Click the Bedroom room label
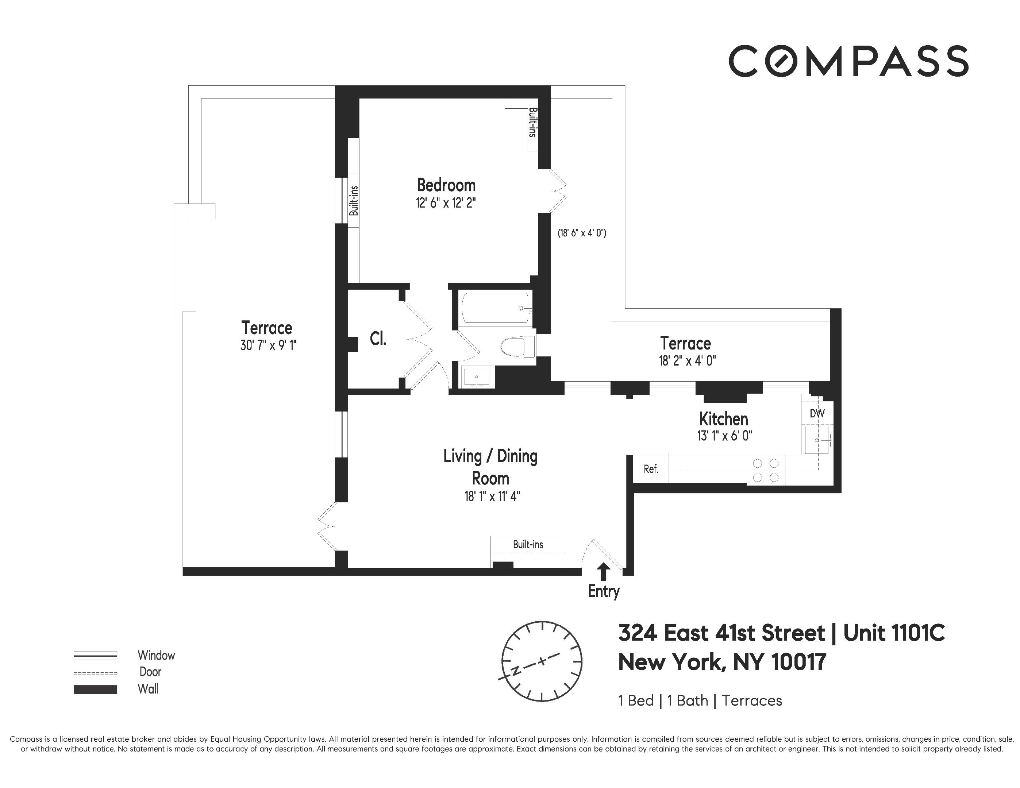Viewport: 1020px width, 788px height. pos(446,185)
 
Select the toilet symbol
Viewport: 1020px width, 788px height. pos(516,347)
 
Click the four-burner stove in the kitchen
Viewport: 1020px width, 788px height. pos(766,470)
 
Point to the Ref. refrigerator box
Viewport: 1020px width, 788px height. pos(651,469)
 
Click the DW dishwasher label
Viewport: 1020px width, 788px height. pos(817,413)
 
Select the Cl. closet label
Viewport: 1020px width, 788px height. pos(378,339)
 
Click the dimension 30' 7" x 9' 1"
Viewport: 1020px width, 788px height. pos(268,345)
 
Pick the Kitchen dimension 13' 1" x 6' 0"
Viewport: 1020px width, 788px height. pos(724,436)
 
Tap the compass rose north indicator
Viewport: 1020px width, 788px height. pos(516,671)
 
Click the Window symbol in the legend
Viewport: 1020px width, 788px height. pos(95,656)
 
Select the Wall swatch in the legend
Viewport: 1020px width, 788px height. pos(95,689)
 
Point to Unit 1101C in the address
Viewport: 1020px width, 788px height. pos(894,633)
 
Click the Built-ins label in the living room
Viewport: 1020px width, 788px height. pos(528,544)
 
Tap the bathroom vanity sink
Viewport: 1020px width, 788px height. pos(476,376)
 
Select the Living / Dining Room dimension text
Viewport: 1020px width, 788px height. pos(492,496)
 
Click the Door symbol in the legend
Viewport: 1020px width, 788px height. pos(95,673)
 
